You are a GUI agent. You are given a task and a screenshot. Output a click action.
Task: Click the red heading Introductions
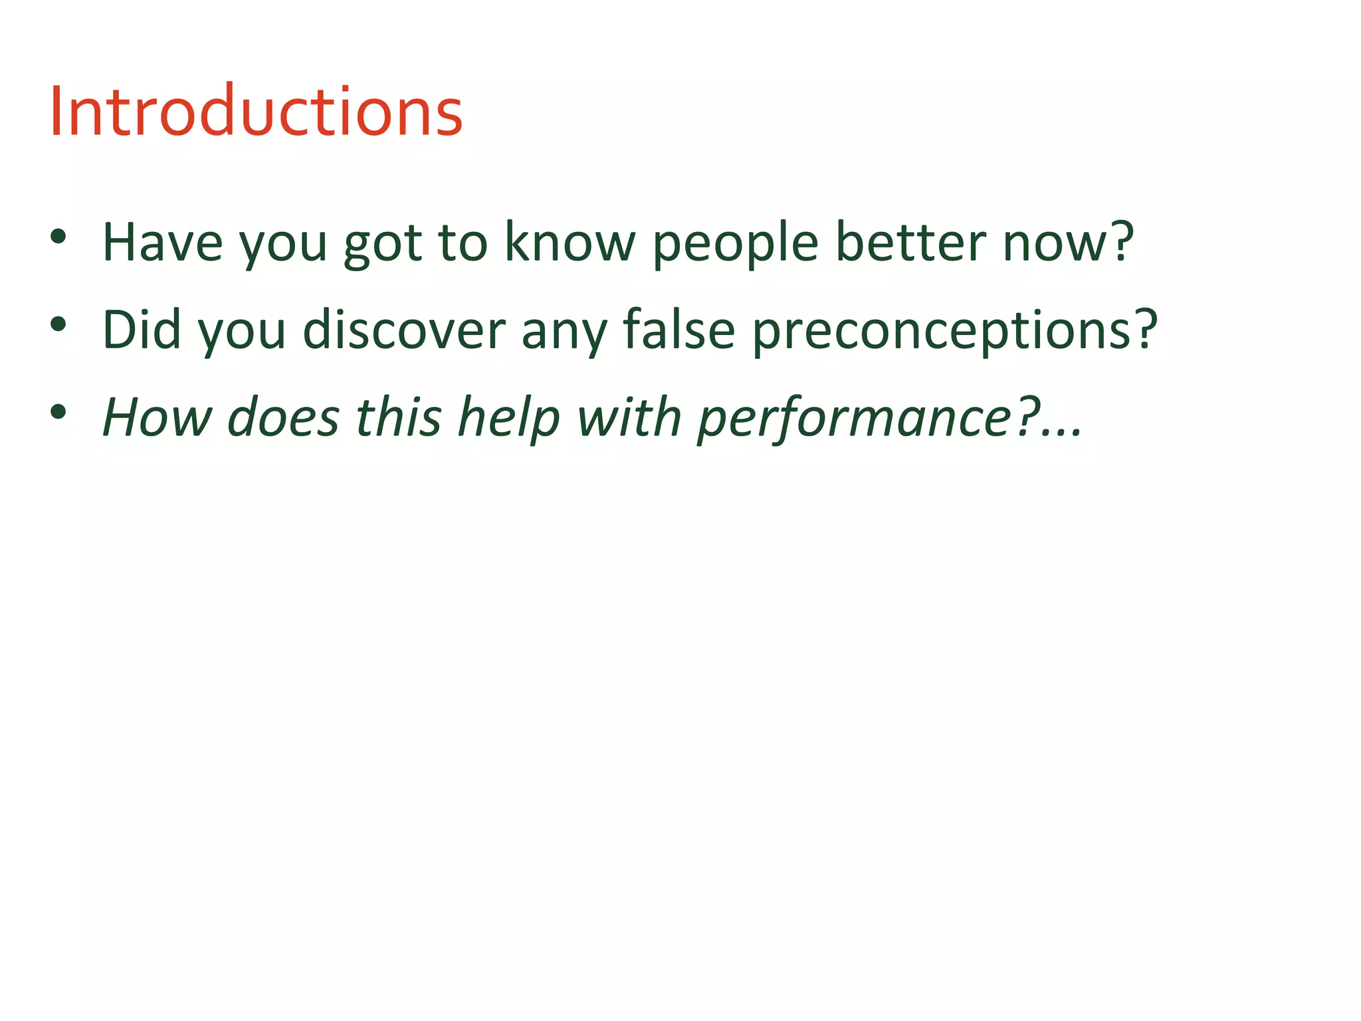256,112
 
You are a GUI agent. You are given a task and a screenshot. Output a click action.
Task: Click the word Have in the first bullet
162,243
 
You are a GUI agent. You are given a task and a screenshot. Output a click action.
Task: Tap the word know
570,243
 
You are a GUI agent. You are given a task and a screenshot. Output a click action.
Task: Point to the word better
910,243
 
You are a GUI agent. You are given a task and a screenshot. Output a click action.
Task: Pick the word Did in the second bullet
142,330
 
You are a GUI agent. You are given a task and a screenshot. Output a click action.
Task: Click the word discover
404,330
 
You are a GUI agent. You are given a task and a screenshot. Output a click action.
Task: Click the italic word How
157,417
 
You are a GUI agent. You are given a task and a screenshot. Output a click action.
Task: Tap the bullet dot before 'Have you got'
58,237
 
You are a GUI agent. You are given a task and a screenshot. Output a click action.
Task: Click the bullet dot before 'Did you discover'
58,324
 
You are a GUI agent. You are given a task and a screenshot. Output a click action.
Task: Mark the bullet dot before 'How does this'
58,412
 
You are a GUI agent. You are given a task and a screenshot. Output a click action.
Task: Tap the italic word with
629,417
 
